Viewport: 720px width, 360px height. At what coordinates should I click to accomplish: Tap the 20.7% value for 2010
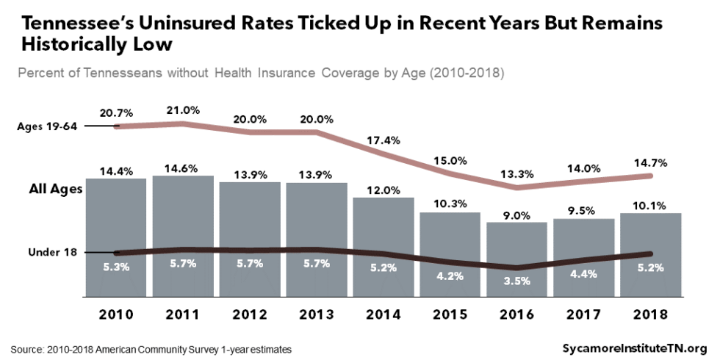(116, 112)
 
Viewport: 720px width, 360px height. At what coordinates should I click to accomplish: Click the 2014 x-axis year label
(384, 314)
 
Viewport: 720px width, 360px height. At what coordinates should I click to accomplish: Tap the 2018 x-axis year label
(650, 314)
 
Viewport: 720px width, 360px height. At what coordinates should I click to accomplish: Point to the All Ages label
(54, 189)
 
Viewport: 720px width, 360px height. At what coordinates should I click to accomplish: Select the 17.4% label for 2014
(384, 140)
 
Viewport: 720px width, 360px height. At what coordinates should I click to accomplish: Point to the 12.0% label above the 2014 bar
(384, 190)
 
